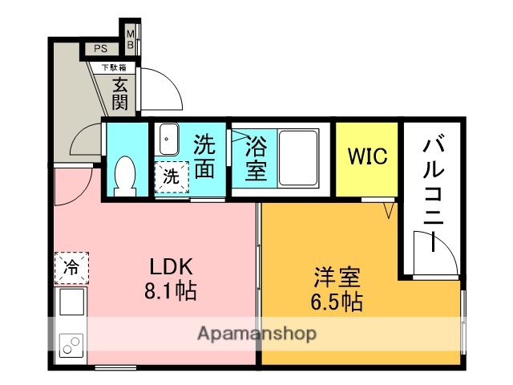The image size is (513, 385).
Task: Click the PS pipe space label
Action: click(x=100, y=49)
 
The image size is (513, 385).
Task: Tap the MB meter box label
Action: click(x=131, y=38)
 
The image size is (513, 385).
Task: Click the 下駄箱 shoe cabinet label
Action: click(x=112, y=69)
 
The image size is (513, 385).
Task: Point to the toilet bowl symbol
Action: click(x=124, y=175)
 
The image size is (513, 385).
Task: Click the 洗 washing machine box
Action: click(x=172, y=176)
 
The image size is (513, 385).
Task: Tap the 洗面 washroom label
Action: click(x=205, y=157)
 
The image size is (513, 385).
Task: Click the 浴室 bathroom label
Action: click(x=256, y=159)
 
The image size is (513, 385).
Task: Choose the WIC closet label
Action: click(x=367, y=156)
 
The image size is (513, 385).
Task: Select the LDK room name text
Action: click(x=171, y=267)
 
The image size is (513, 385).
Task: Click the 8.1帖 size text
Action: click(x=171, y=290)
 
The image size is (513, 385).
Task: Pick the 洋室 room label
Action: click(x=337, y=278)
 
